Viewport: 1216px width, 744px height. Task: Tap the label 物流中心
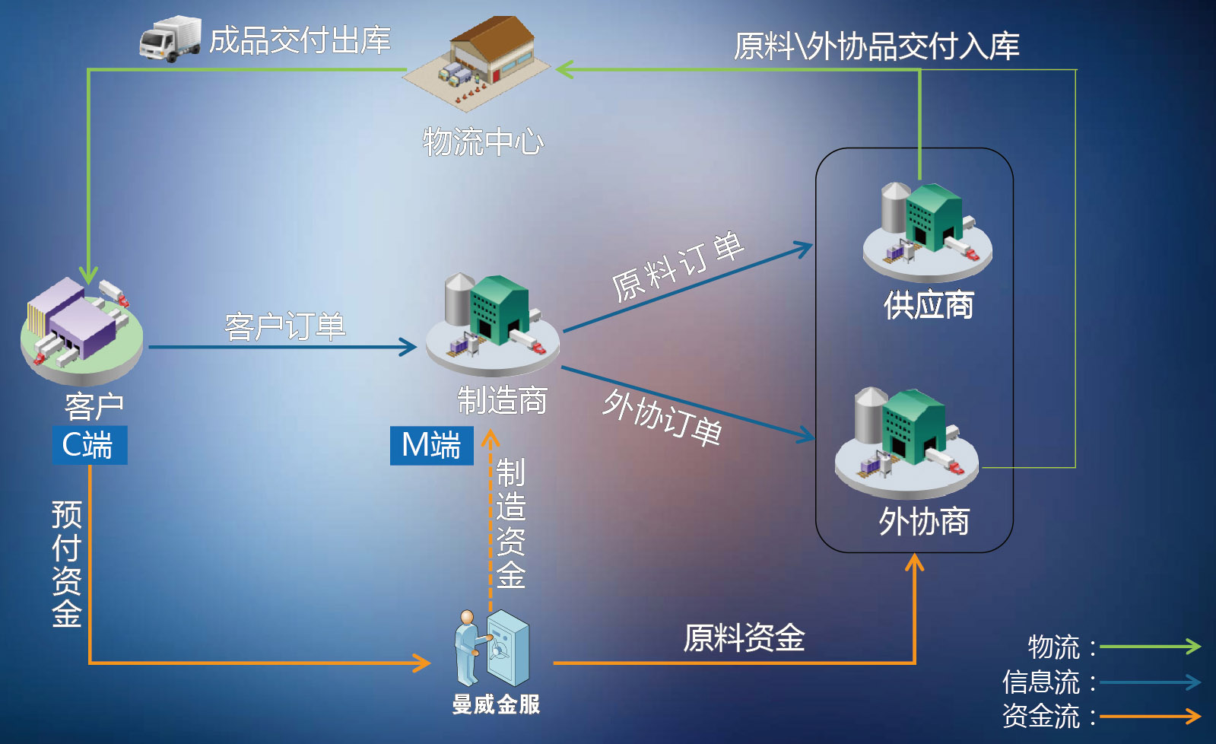(484, 141)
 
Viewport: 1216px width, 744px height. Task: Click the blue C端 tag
(89, 445)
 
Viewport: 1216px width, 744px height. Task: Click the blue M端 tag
(431, 445)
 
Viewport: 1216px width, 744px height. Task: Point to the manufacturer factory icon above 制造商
(493, 323)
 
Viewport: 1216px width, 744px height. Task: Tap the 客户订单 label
(285, 327)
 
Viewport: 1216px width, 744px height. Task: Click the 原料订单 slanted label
(677, 266)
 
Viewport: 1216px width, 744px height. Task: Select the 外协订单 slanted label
(662, 417)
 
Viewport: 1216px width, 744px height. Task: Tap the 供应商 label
(929, 306)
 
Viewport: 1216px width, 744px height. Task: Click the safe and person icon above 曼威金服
(492, 649)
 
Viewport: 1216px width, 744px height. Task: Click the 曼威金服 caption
(496, 704)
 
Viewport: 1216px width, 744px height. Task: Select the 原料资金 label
(744, 637)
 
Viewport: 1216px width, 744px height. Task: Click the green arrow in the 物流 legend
(1150, 647)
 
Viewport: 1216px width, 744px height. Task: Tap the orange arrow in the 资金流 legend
(1150, 716)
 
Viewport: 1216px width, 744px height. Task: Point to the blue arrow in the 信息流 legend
(1150, 682)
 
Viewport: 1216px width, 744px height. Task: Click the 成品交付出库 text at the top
(300, 41)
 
